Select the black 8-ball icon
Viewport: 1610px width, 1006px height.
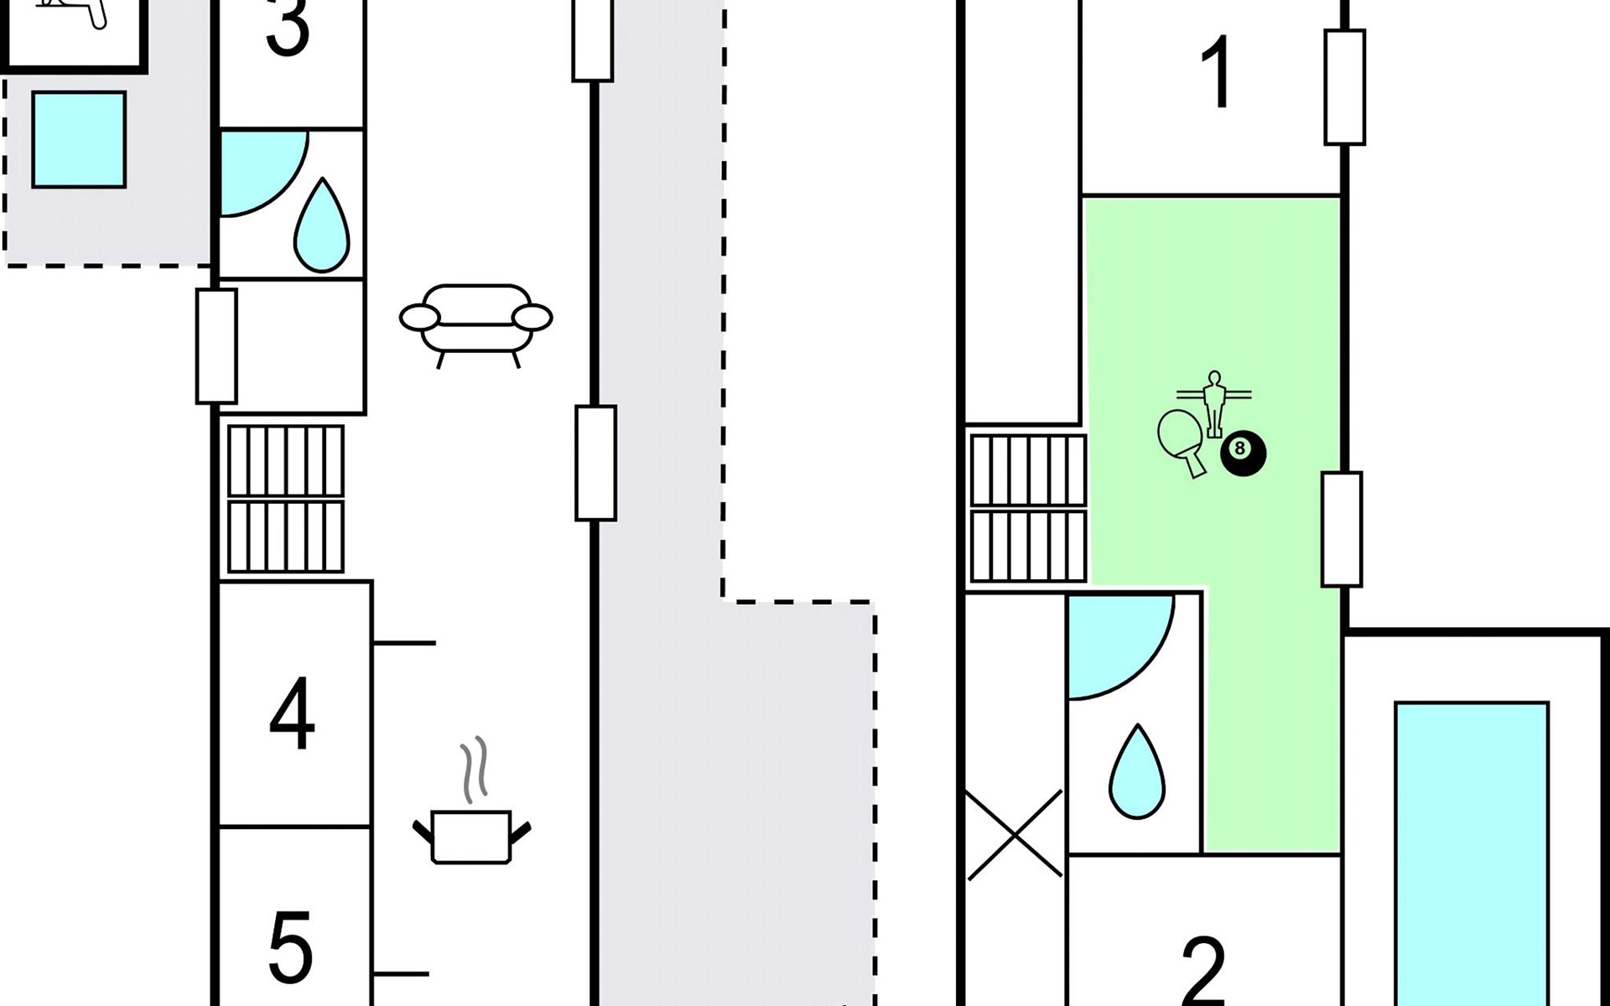tap(1243, 454)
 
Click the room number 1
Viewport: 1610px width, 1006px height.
tap(1216, 73)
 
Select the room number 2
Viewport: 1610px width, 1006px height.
tap(1203, 972)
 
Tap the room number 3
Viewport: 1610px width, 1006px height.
tap(288, 29)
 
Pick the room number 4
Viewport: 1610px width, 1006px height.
tap(292, 714)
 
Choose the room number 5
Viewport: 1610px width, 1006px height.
tap(290, 947)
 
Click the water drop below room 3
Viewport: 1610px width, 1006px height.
tap(321, 226)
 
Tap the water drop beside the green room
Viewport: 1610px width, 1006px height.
tap(1137, 773)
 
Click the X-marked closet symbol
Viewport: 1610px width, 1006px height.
tap(1015, 834)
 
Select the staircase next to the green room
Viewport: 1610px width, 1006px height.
tap(1028, 508)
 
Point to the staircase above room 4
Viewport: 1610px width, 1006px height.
tap(286, 499)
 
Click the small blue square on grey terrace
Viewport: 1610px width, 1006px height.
tap(79, 139)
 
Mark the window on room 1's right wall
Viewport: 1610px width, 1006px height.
tap(1344, 87)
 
